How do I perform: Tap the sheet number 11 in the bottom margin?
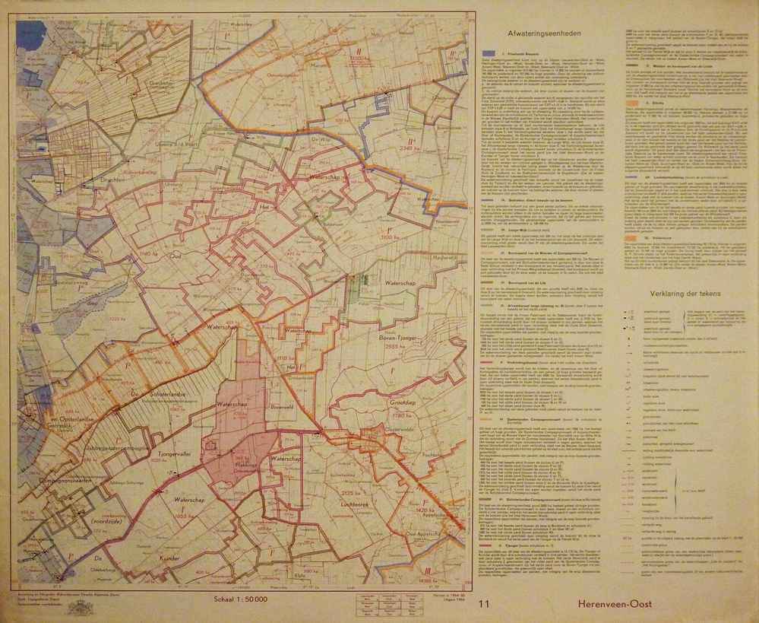coord(485,604)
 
